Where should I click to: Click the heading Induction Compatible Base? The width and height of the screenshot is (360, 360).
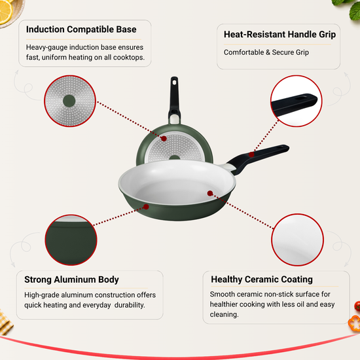point(81,29)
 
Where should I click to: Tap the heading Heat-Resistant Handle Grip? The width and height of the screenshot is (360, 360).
point(279,35)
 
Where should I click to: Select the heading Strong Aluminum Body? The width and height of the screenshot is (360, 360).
point(71,279)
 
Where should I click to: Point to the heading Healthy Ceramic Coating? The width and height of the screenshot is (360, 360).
point(262,279)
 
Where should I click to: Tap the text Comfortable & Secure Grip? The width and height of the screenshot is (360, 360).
point(266,52)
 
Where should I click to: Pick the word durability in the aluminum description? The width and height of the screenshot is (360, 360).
point(130,305)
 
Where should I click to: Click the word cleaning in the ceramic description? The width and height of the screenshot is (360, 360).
point(224,314)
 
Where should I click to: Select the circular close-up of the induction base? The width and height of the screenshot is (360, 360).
point(70,101)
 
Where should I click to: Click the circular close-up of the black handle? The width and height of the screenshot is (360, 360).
point(296,101)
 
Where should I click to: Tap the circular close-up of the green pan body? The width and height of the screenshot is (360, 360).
point(71,240)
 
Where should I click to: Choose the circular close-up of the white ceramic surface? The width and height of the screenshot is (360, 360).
point(298,240)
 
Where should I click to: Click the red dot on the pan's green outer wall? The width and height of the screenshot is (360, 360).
point(146,207)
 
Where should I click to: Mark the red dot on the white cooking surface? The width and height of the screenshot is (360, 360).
point(210,193)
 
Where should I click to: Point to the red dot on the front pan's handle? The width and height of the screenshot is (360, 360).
point(251,154)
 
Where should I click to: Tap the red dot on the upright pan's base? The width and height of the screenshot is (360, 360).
point(164,139)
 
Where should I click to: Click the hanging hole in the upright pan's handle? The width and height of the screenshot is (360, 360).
point(175,82)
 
